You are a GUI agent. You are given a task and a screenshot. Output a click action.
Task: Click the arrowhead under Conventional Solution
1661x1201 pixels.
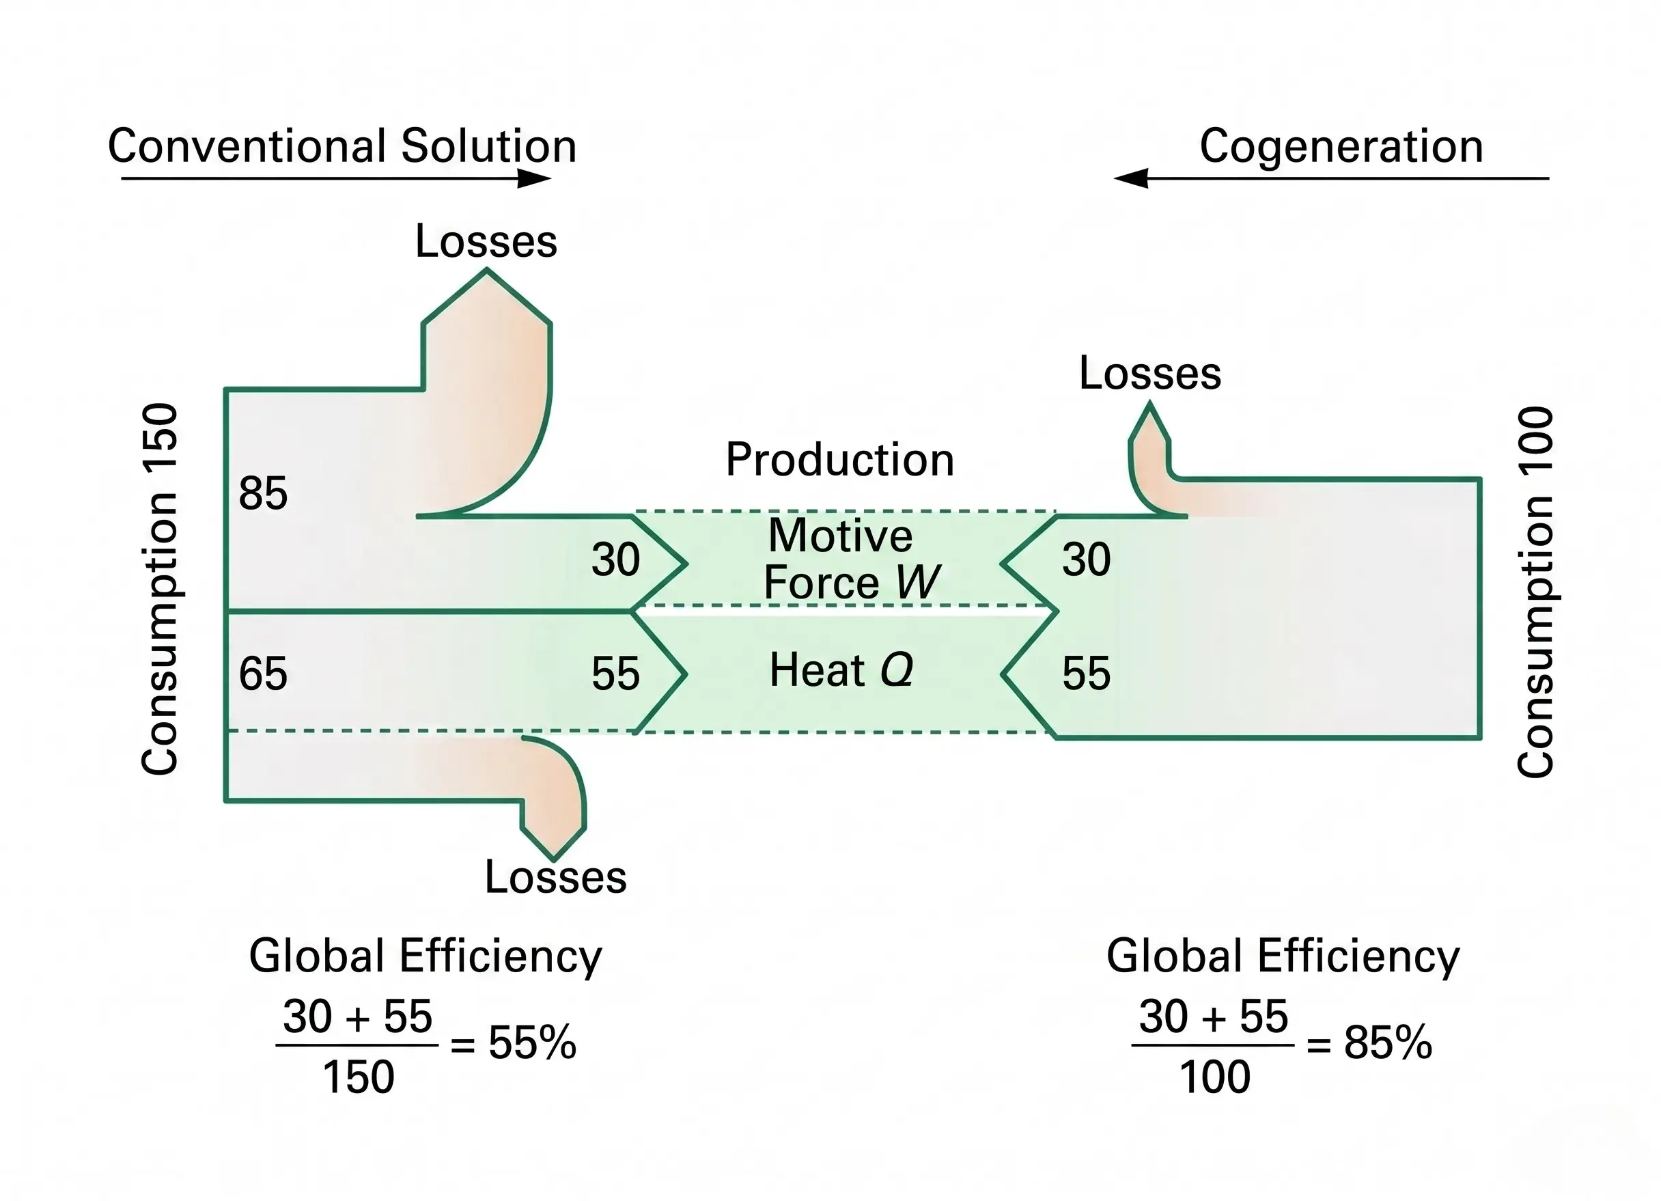[x=535, y=178]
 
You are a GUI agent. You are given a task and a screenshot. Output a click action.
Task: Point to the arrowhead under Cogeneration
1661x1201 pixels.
[x=1131, y=178]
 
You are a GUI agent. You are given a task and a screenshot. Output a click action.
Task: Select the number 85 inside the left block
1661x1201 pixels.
[x=263, y=493]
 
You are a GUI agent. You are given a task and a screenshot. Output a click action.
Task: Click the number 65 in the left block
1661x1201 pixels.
[x=263, y=674]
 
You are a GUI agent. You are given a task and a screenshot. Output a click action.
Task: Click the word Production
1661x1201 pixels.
[x=839, y=460]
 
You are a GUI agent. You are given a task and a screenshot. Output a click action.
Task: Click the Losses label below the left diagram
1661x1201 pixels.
[x=555, y=876]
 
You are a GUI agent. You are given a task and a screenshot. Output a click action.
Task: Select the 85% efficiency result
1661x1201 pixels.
[x=1388, y=1042]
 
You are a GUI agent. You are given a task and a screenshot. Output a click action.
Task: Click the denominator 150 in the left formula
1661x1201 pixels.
[x=358, y=1077]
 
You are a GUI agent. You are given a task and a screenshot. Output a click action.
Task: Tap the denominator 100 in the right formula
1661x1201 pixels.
[x=1214, y=1077]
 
